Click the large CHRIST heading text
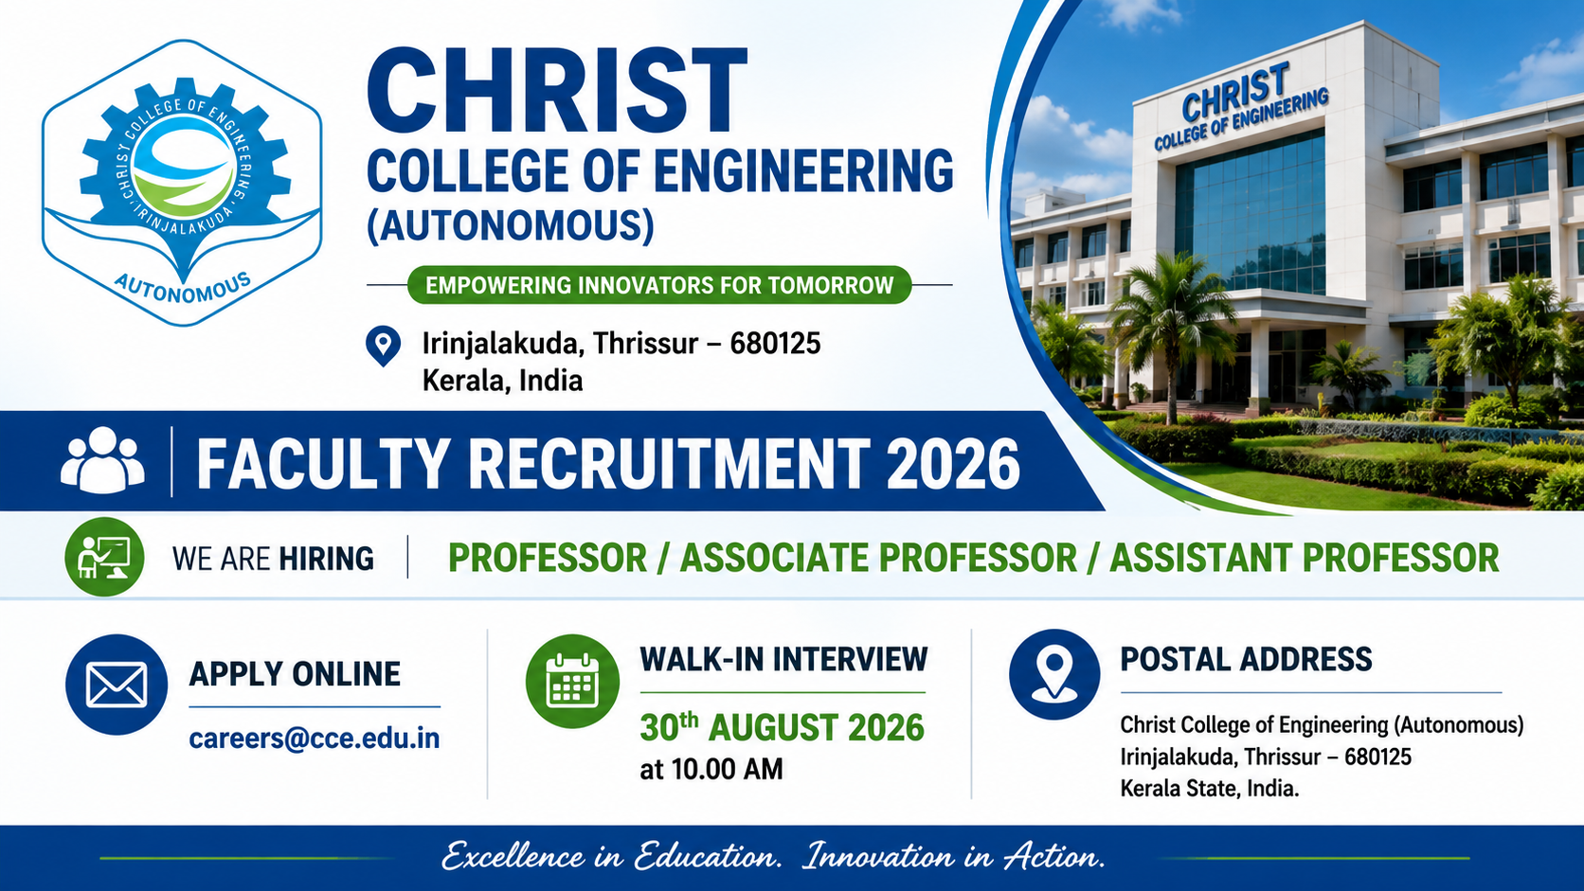click(556, 91)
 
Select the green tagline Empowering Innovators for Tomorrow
click(659, 285)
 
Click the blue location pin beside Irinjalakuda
click(384, 346)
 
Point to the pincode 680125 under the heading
click(775, 344)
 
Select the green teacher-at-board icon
click(104, 557)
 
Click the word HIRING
click(326, 559)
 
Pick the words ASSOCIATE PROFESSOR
click(878, 559)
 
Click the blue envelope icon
click(117, 684)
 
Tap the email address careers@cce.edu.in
click(314, 739)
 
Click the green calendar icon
click(573, 681)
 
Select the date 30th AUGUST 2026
click(783, 727)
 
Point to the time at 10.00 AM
click(711, 769)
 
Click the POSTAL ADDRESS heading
click(1246, 659)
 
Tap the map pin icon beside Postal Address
click(1054, 675)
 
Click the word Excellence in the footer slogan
click(513, 856)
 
